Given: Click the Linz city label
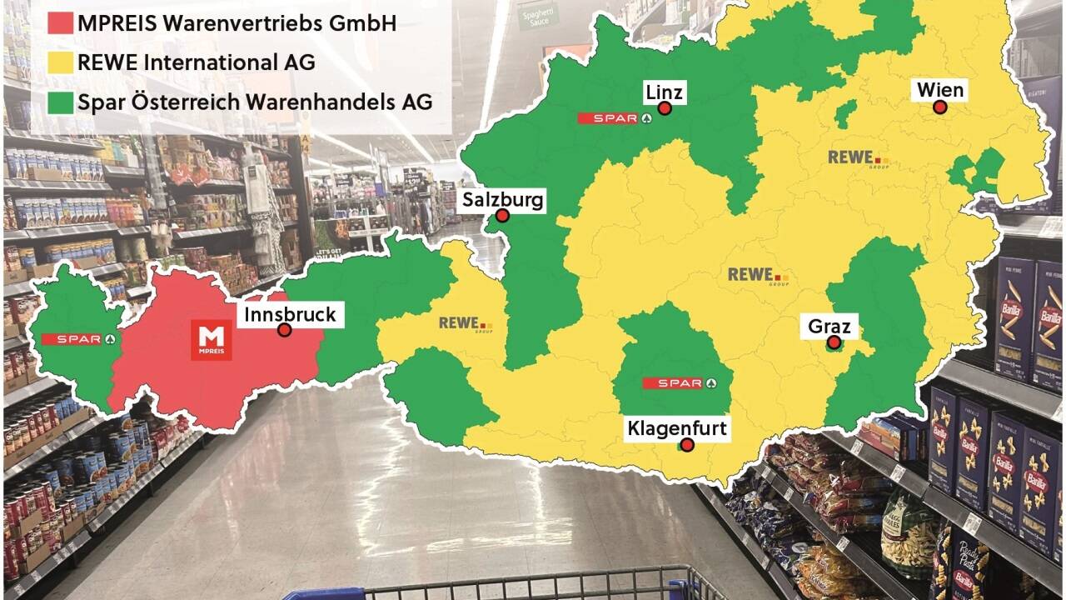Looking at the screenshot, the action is tap(664, 91).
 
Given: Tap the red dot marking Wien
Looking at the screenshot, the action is tap(939, 107).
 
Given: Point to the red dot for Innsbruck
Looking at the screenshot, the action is tap(284, 330).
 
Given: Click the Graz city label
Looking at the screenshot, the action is tap(829, 327).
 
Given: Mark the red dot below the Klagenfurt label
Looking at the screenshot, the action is tap(687, 445).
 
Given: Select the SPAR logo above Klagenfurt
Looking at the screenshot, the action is tap(679, 383).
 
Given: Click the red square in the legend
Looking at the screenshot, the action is tap(59, 22).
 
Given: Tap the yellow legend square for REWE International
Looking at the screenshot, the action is tap(59, 62).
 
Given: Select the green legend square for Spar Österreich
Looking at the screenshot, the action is tap(59, 102).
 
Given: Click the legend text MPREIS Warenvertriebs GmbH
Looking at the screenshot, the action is tap(237, 22).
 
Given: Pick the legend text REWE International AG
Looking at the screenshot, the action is tap(197, 62).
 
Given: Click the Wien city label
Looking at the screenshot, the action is tap(940, 90).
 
